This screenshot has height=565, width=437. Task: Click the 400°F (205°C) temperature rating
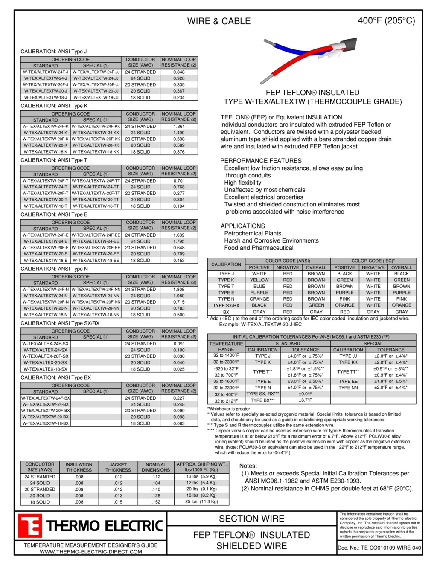click(x=386, y=21)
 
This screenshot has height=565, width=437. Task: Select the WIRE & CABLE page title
click(x=219, y=21)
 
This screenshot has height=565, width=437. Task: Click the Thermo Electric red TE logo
click(x=30, y=526)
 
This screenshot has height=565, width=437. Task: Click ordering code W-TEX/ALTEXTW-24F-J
click(x=46, y=72)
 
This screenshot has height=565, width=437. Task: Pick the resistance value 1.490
click(x=179, y=133)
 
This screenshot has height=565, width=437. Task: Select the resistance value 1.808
click(x=179, y=290)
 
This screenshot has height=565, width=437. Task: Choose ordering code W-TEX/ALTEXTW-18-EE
click(x=96, y=260)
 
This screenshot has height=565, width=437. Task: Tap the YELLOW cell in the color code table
click(x=259, y=280)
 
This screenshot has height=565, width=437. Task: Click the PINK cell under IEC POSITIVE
click(x=344, y=299)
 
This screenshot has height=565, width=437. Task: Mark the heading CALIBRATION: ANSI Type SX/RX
click(x=60, y=323)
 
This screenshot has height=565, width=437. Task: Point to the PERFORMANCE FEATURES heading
click(x=261, y=161)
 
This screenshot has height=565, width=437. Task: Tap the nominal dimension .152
click(x=156, y=502)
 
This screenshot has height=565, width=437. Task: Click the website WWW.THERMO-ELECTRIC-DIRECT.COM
click(x=91, y=552)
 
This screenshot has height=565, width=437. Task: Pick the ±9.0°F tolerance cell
click(x=305, y=394)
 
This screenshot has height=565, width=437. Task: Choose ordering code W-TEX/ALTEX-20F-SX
click(x=46, y=356)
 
